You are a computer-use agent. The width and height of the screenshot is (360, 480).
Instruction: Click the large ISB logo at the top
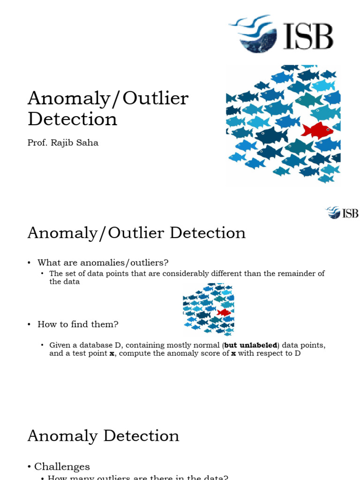point(281,34)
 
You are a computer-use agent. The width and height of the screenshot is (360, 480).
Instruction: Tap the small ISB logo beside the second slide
point(342,213)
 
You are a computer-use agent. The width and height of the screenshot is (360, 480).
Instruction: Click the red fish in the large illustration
point(317,129)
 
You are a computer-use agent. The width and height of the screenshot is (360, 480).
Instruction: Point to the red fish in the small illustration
point(224,312)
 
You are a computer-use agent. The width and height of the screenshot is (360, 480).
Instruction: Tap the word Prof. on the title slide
point(36,143)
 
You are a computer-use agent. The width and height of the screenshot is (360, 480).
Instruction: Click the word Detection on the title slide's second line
point(72,119)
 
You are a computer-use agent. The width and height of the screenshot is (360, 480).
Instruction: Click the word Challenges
point(62,453)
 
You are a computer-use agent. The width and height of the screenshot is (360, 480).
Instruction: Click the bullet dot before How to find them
point(29,324)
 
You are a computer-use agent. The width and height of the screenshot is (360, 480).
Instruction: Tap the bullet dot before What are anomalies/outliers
point(29,262)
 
